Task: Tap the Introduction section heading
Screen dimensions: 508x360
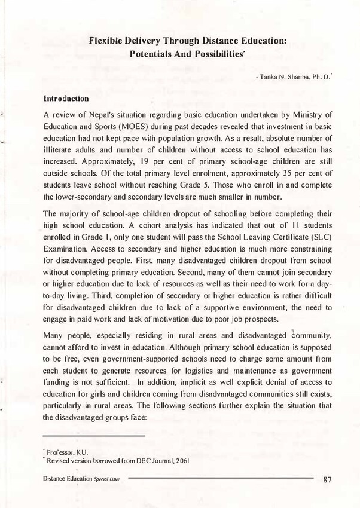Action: click(66, 97)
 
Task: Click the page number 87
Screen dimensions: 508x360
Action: click(327, 479)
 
